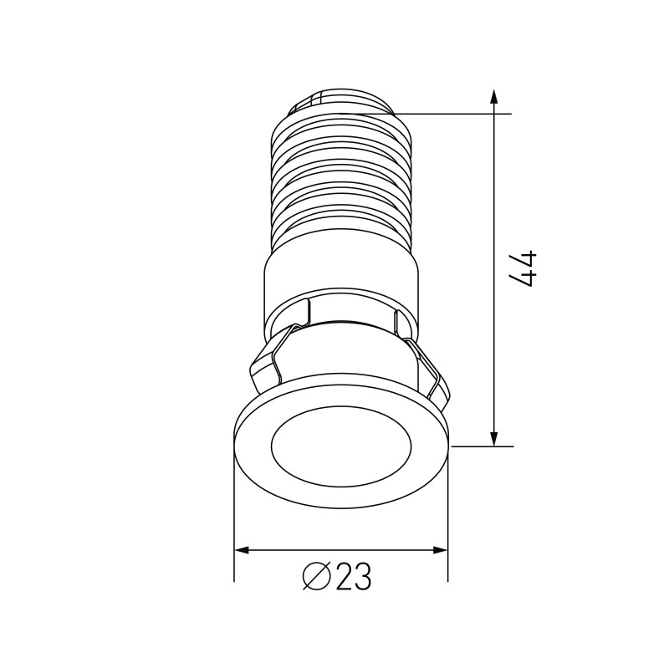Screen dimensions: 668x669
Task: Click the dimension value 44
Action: tap(524, 268)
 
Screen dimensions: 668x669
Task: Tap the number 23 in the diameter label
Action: tap(353, 578)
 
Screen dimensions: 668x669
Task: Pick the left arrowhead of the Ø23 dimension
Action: tap(243, 550)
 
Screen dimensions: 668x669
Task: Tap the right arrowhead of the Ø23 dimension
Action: tap(439, 550)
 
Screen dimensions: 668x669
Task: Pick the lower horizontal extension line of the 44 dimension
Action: tap(481, 446)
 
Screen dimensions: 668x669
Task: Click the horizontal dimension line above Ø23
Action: tap(341, 550)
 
